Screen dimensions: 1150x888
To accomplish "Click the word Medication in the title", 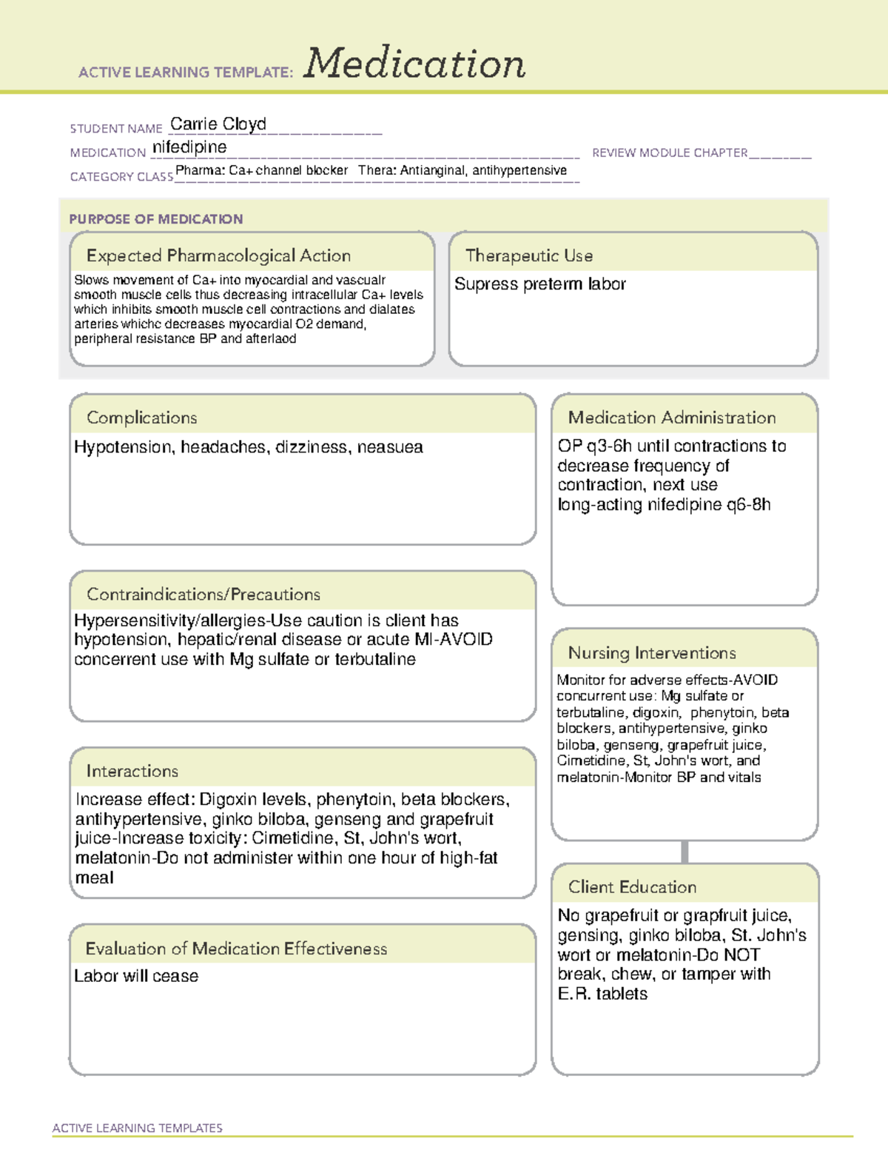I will coord(414,64).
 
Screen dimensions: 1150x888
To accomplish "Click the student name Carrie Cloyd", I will coord(218,124).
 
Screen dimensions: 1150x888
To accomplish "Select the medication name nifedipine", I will coord(189,147).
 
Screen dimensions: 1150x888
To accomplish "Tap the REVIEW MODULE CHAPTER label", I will coord(670,153).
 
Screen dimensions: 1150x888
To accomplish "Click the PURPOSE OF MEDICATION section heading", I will coord(155,219).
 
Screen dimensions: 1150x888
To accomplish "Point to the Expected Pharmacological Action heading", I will coord(218,255).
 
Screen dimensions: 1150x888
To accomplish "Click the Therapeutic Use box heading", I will coord(529,255).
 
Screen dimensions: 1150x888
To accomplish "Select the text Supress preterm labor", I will coord(539,284).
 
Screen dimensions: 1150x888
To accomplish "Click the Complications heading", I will coord(141,418).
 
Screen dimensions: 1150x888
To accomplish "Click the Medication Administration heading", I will coord(672,418).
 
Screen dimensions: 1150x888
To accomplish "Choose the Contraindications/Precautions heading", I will coord(203,595).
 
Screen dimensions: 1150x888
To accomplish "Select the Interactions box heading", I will coord(132,772).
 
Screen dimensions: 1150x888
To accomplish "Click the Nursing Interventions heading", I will coord(652,653).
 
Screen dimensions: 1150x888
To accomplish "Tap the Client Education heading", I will coord(632,887).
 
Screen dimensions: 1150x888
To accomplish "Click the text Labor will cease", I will coord(136,976).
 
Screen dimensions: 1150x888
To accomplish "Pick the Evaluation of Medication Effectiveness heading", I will coord(236,949).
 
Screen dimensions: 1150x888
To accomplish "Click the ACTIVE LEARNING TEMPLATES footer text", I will coord(137,1128).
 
